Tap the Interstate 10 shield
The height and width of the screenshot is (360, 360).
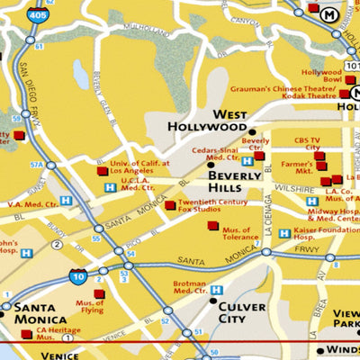pos(80,276)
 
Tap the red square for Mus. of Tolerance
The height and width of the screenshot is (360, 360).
pos(212,226)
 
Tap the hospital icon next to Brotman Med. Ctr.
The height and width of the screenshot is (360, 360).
pos(216,290)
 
